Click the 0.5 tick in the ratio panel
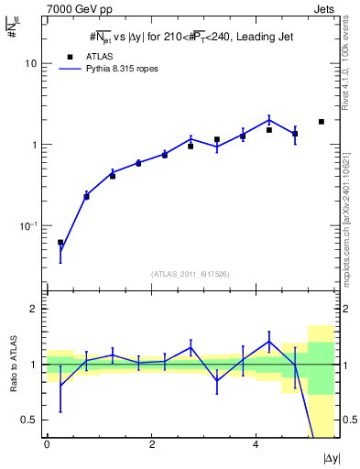point(33,420)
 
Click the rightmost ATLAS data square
point(322,122)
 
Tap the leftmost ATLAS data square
point(60,243)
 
